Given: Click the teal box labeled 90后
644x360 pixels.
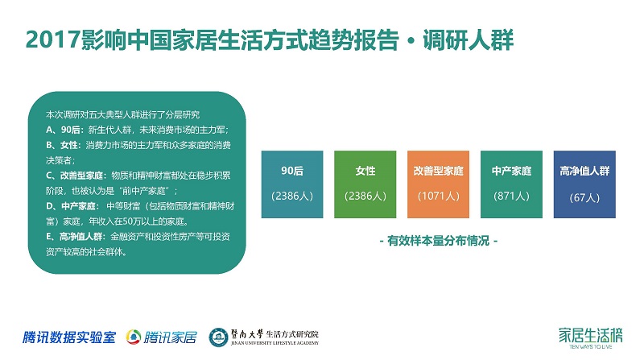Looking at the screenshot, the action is click(292, 184).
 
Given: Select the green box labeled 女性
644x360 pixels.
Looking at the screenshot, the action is click(365, 184).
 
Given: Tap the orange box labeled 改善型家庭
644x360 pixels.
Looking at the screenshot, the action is click(438, 184).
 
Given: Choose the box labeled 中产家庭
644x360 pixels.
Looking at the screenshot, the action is click(511, 184).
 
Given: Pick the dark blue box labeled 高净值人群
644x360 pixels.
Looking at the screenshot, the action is click(584, 184).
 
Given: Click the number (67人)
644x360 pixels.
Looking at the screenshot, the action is click(584, 197).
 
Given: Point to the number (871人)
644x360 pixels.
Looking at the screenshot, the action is click(511, 196).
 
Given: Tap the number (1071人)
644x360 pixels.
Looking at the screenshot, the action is click(438, 196).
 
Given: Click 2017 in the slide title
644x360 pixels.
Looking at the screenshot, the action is click(52, 39).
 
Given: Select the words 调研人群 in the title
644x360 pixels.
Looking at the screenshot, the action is click(468, 39).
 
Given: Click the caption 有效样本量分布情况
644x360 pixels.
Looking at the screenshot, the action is click(438, 241).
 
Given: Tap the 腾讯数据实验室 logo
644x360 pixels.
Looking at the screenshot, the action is click(69, 337).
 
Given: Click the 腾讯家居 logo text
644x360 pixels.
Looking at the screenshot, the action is click(170, 337).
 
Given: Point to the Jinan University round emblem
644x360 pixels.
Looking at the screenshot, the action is click(218, 337).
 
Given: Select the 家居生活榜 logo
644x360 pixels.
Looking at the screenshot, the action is click(590, 337).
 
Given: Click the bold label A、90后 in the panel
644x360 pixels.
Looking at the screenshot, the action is click(63, 130).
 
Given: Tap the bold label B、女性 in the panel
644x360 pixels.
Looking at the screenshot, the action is click(62, 145).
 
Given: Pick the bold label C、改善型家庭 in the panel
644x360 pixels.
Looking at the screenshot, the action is click(74, 176).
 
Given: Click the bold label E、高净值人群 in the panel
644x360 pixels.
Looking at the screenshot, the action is click(74, 236).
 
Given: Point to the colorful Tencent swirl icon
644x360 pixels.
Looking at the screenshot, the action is click(134, 337).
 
